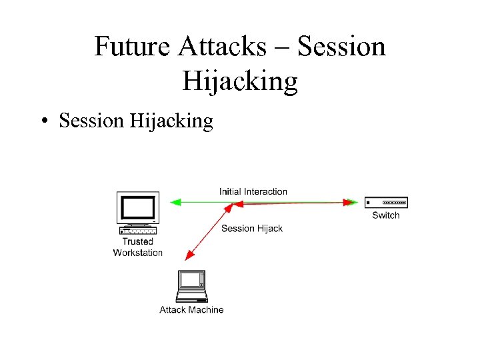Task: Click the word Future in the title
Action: [132, 47]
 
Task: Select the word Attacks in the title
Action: [221, 47]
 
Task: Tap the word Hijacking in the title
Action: [240, 81]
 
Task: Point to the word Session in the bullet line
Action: [91, 121]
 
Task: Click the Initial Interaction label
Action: [253, 192]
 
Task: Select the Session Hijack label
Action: [252, 229]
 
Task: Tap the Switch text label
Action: [386, 215]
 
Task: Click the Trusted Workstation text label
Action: [138, 247]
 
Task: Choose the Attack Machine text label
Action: [191, 310]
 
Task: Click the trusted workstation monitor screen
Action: [137, 208]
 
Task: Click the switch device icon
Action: [386, 203]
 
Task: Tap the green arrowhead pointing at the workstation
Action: [175, 201]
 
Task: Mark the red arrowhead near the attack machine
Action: [191, 254]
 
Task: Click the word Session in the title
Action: [342, 47]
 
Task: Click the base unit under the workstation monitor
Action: [138, 231]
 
